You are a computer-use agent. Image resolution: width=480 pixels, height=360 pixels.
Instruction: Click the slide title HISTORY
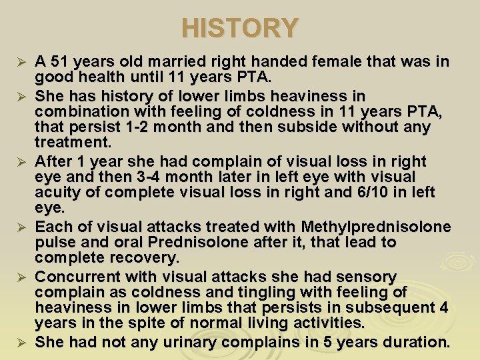[x=240, y=28]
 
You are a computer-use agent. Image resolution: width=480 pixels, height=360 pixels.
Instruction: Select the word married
[x=157, y=62]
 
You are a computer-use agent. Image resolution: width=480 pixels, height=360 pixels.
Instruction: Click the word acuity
[x=57, y=193]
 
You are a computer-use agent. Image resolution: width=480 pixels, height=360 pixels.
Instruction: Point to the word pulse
[x=53, y=243]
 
